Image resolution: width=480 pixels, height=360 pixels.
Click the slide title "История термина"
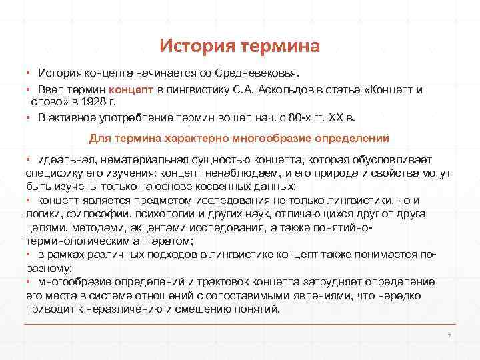[x=240, y=46]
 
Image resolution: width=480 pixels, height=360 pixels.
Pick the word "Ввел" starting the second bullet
[x=51, y=88]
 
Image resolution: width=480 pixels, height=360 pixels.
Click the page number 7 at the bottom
[x=451, y=335]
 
